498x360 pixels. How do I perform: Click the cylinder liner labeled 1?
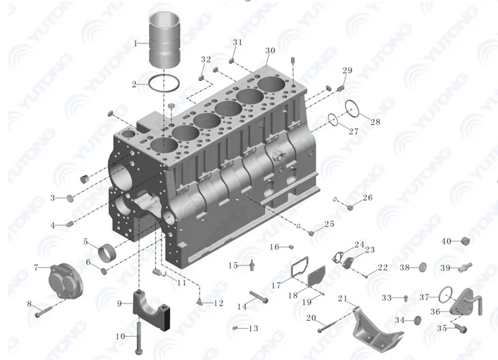pyautogui.click(x=165, y=40)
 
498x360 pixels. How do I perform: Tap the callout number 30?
pyautogui.click(x=270, y=51)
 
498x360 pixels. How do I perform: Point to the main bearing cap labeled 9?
pyautogui.click(x=151, y=310)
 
